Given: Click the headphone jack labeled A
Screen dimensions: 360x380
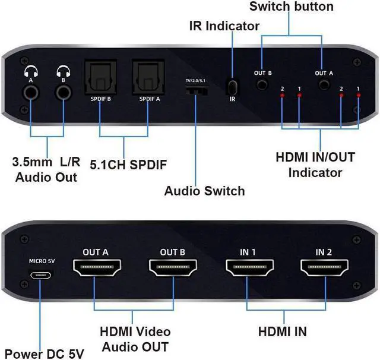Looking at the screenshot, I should point(29,92).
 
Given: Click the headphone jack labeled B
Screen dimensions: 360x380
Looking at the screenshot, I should point(63,92).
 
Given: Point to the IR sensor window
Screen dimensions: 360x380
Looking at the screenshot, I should point(232,86).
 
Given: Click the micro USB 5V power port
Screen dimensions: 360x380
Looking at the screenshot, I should point(42,276).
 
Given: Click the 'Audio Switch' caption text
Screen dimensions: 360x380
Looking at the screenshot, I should point(204,191).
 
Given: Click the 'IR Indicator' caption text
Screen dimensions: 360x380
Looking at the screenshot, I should point(224,26).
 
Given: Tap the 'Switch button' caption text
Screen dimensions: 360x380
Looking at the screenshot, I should point(291,7).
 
